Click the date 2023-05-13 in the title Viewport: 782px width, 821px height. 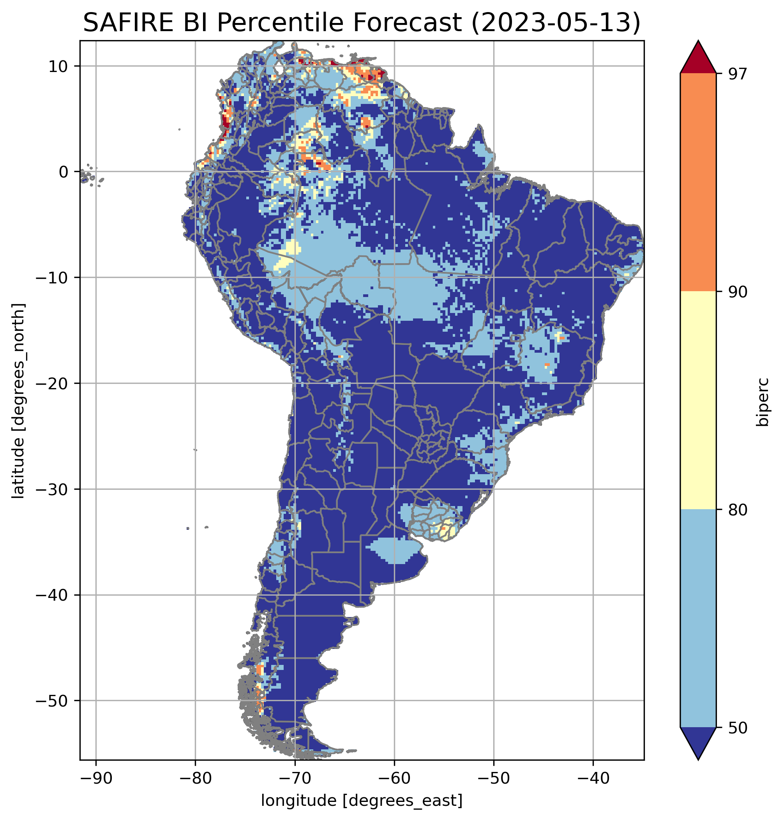(x=555, y=23)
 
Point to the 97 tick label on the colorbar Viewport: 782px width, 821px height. (x=737, y=74)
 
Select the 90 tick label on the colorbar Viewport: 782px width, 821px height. (x=737, y=292)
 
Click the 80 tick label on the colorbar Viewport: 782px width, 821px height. (x=737, y=510)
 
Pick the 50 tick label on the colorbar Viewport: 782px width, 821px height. (x=737, y=728)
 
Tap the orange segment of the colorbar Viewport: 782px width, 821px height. (x=698, y=183)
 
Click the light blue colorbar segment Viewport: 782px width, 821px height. (x=698, y=619)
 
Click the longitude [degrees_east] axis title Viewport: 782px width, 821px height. (x=362, y=800)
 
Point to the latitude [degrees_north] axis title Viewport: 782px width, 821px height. (x=18, y=401)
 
